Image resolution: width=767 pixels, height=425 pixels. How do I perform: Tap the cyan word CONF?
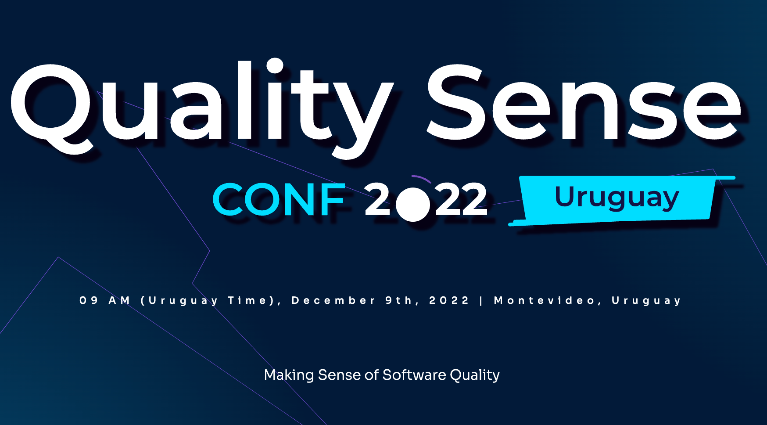tap(280, 200)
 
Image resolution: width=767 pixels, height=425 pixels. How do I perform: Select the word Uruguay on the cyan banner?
tap(617, 198)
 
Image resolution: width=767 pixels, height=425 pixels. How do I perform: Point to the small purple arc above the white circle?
tap(421, 178)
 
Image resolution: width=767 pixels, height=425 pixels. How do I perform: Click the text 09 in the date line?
tap(89, 300)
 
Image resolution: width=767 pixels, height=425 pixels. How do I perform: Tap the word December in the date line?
tap(333, 300)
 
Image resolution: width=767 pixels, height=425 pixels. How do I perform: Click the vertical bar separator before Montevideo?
tap(482, 301)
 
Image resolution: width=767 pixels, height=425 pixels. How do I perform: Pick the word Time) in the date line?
tap(254, 301)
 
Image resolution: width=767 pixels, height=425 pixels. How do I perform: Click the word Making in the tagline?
tap(289, 375)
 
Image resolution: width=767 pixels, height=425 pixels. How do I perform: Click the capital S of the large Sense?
tap(456, 102)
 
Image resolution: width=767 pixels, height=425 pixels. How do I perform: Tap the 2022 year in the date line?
tap(449, 300)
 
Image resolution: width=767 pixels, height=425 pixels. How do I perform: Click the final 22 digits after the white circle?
tap(461, 200)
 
